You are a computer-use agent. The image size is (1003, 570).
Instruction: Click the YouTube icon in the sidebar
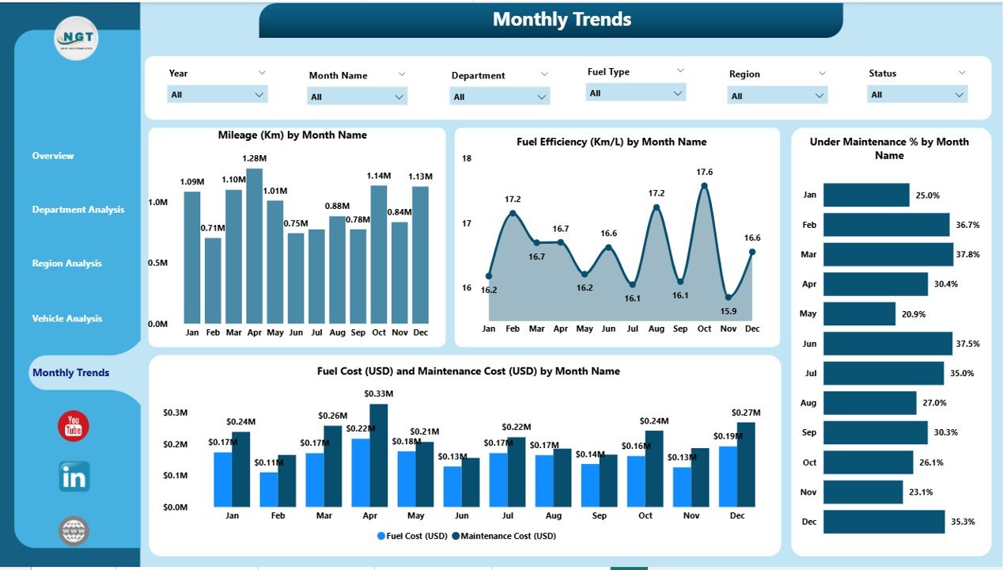coord(74,426)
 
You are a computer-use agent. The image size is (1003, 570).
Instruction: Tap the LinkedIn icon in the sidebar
coord(74,477)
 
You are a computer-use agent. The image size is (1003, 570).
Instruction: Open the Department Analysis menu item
coord(78,210)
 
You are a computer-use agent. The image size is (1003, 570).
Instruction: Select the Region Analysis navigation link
coord(67,264)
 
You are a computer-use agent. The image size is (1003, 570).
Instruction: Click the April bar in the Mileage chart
coord(254,245)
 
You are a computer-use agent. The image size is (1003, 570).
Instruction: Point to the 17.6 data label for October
coord(705,172)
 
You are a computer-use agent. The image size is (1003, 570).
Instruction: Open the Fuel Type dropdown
coord(636,93)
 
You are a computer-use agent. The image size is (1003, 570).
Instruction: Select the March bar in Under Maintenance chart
coord(888,254)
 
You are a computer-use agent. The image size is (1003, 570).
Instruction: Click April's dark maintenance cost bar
coord(379,455)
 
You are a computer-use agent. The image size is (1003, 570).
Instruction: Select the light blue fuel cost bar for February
coord(269,489)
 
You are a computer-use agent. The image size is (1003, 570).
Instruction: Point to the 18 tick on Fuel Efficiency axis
coord(467,158)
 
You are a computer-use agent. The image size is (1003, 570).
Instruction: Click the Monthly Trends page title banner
coord(562,20)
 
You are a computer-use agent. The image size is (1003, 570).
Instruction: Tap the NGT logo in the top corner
coord(77,38)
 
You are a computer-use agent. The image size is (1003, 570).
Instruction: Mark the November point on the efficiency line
coord(729,298)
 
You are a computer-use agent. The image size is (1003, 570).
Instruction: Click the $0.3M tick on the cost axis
coord(175,412)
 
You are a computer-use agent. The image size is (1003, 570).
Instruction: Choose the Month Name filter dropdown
coord(357,97)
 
